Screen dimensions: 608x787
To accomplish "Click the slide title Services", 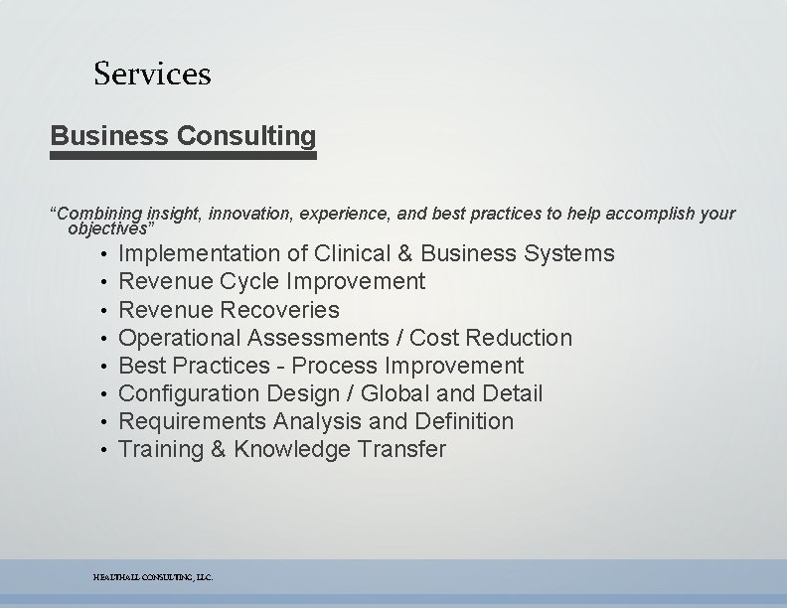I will point(152,74).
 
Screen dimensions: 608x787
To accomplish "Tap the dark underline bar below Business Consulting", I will point(183,155).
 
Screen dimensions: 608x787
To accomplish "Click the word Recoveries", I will point(280,310).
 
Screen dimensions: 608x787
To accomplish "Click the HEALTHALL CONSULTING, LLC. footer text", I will point(153,577).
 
